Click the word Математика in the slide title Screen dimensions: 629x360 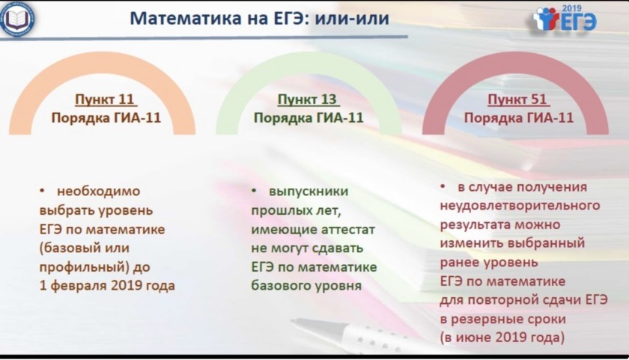click(186, 19)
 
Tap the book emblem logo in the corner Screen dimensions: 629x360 click(16, 19)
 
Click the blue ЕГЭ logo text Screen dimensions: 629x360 click(578, 22)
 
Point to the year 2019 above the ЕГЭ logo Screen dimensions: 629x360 click(571, 8)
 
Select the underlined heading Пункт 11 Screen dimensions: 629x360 click(106, 99)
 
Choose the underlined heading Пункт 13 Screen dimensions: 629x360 click(309, 99)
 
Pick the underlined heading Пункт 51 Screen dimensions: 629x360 click(518, 99)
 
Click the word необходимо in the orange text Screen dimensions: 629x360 click(98, 191)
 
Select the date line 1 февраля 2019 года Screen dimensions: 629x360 click(107, 286)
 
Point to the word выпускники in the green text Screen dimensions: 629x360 click(309, 192)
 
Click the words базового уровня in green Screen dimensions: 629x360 click(306, 286)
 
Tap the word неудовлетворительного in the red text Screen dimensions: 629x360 click(520, 206)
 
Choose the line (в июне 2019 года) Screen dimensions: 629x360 click(502, 337)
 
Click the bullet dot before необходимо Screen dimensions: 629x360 click(42, 191)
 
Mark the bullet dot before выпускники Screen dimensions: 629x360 click(254, 191)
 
